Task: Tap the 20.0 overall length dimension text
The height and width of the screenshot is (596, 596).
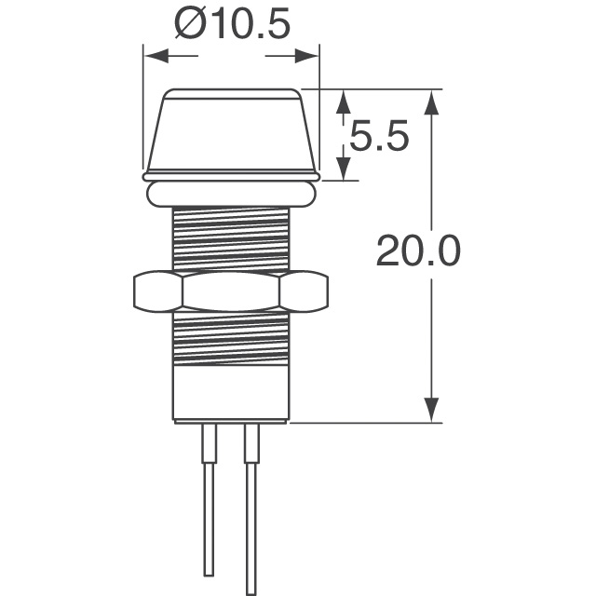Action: tap(418, 251)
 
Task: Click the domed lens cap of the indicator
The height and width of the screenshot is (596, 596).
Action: tap(231, 130)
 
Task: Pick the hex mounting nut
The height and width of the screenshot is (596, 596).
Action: tap(231, 292)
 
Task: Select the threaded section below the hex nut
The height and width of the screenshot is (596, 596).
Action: tap(231, 340)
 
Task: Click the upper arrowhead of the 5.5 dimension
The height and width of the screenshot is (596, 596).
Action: tap(343, 102)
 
